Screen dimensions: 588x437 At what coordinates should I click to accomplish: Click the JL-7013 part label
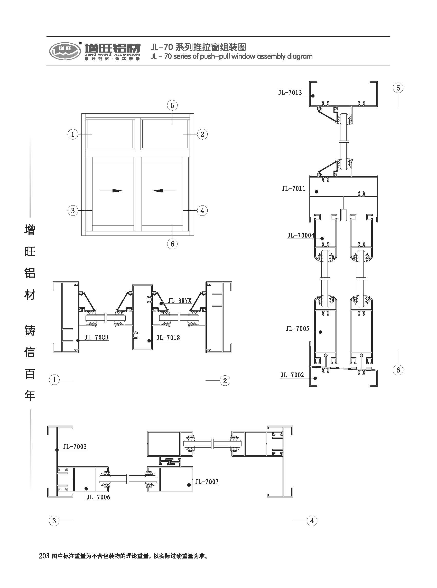[290, 92]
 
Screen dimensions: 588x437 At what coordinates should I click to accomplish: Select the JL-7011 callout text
[293, 189]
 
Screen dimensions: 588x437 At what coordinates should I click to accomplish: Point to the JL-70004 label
[301, 235]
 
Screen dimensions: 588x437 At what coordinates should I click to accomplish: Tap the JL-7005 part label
[297, 329]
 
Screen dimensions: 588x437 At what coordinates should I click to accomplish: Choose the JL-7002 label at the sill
[292, 375]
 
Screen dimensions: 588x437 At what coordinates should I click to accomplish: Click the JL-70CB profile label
[97, 338]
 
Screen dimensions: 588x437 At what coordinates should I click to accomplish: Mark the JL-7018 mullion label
[168, 338]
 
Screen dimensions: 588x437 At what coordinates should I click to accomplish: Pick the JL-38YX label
[180, 301]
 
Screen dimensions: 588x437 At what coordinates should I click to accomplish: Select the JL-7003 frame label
[75, 447]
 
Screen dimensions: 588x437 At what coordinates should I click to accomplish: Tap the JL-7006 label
[98, 497]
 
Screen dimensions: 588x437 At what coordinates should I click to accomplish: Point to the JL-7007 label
[207, 482]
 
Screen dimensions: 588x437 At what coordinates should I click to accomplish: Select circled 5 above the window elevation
[172, 106]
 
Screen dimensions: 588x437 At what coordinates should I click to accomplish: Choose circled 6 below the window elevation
[172, 244]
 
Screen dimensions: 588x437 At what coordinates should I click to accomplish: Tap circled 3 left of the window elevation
[73, 211]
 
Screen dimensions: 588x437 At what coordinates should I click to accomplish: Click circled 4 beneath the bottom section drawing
[312, 521]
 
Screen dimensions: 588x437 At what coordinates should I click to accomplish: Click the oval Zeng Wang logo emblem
[65, 51]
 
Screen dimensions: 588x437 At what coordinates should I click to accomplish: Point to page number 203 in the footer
[44, 556]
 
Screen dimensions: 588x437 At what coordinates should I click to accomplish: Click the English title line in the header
[231, 56]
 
